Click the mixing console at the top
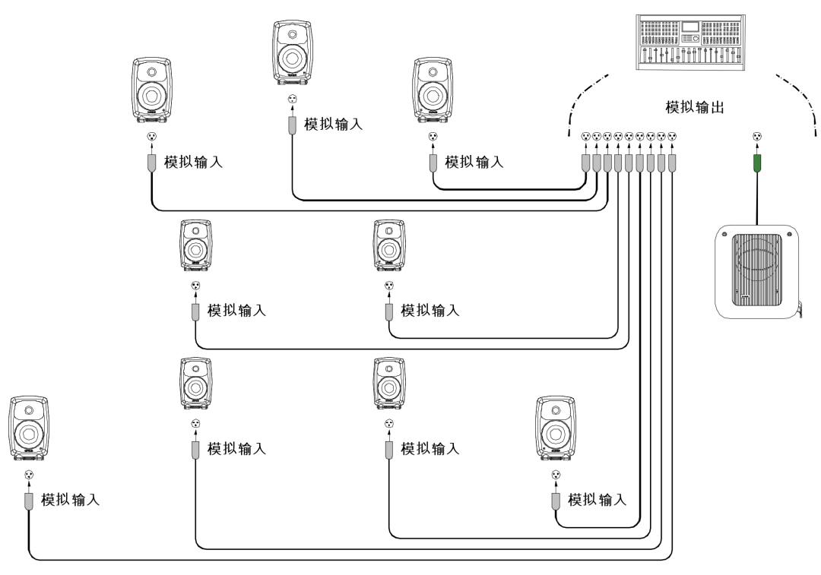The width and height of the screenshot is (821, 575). pos(690,43)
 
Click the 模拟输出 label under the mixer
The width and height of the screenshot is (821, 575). pos(694,107)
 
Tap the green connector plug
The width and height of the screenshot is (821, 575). pos(756,163)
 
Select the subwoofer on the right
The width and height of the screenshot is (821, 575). pos(758,271)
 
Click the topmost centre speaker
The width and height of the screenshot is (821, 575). pos(293,52)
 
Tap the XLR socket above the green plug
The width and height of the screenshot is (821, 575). pos(756,137)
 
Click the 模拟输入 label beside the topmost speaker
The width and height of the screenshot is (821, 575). pos(333,125)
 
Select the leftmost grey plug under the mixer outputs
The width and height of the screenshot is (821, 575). pos(586,163)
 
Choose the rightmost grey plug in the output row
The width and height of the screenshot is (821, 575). pos(672,163)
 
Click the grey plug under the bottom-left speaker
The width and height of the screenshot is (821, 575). pos(29,501)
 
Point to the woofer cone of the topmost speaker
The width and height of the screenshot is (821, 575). pos(292,58)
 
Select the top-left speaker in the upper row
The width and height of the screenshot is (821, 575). pos(152,90)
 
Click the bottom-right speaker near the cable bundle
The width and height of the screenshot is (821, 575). pos(556,428)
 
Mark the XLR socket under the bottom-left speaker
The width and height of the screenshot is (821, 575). pos(29,475)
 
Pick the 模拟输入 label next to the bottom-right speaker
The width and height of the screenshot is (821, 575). pos(598,500)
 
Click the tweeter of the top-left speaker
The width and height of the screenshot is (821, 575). pos(152,71)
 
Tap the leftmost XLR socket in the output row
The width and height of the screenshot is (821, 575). pos(586,137)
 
